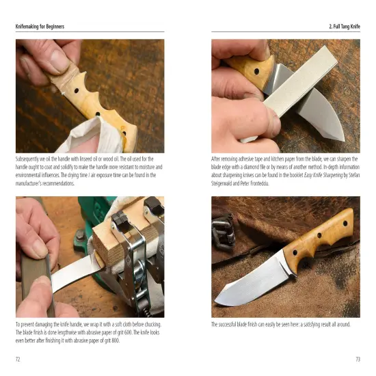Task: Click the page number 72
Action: click(18, 359)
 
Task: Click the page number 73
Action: click(358, 359)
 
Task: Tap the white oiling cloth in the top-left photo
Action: click(103, 133)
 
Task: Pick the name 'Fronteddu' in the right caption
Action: click(280, 183)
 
